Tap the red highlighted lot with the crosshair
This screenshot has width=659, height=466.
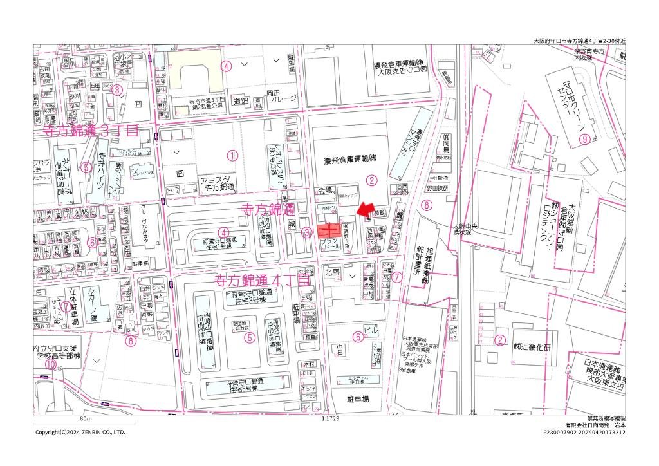pos(329,230)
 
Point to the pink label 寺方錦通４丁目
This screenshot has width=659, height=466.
pos(262,281)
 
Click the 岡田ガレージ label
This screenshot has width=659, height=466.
pos(281,98)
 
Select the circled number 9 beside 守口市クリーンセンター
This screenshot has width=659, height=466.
pos(584,138)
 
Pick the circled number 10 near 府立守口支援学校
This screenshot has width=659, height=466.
pos(51,363)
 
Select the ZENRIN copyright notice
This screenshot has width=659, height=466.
pos(80,433)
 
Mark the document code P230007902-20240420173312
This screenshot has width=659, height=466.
pos(584,433)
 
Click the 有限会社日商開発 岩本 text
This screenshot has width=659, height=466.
pos(595,425)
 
